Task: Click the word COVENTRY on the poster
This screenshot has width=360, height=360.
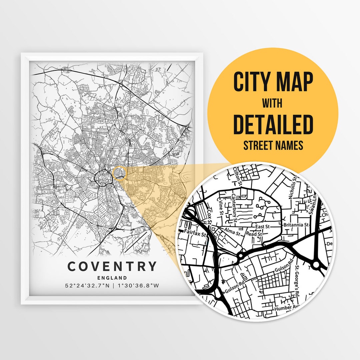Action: (112, 266)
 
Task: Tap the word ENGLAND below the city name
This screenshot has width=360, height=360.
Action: (112, 278)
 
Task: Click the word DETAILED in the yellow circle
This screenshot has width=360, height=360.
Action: (273, 124)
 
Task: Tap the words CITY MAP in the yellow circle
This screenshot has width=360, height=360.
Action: (273, 82)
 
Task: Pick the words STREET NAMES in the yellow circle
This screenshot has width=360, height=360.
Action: (273, 146)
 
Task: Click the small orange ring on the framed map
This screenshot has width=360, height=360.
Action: (120, 173)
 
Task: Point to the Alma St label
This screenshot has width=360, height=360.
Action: (232, 231)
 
